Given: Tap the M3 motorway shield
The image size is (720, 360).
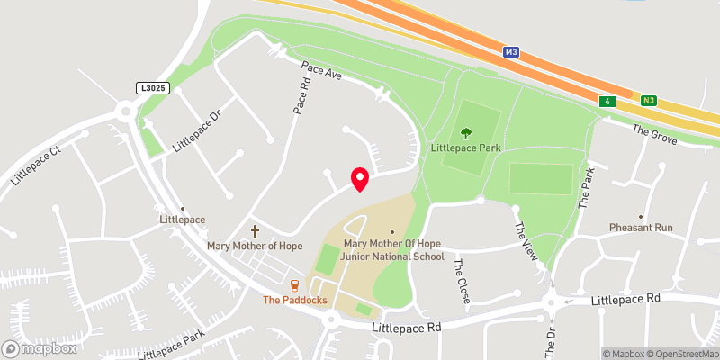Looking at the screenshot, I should pos(511,53).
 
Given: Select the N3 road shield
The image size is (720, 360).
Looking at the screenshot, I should pos(648,99).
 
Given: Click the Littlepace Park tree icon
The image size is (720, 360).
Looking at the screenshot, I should pos(465,133).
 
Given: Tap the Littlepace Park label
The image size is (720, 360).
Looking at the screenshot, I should pos(465,148).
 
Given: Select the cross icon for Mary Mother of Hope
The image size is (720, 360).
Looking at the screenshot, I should pos(255,230).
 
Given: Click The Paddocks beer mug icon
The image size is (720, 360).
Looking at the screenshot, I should pos(293,285).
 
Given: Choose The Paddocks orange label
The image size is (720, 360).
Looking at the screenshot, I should pos(293,300).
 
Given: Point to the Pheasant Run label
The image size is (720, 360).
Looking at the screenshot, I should pos(641,228).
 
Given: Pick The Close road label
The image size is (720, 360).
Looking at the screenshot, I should pos(461,280).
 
